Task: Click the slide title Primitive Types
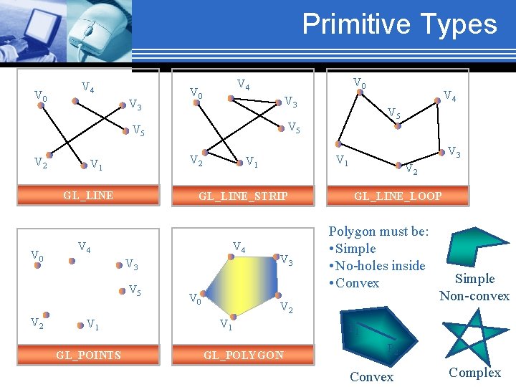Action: point(399,24)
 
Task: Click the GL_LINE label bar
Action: point(88,195)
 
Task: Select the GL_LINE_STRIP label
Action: point(243,196)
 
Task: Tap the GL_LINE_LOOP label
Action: point(398,196)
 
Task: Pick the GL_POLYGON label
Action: point(243,355)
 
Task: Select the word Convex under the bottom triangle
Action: point(371,377)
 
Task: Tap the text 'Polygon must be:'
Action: point(378,231)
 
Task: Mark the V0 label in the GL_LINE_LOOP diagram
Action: point(360,85)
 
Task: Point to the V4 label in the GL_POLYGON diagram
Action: point(239,247)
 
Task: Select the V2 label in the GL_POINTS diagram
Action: point(37,322)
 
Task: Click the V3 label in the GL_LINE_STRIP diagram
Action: point(291,102)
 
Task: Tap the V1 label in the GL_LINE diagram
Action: point(97,165)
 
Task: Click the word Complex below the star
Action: point(474,373)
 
